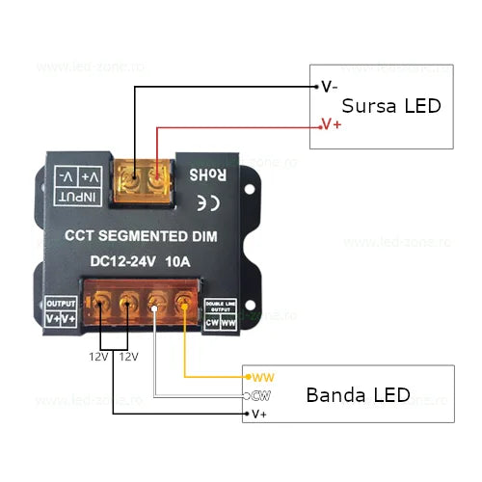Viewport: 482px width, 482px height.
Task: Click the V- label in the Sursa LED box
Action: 329,86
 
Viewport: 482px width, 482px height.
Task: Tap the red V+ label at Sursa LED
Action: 331,124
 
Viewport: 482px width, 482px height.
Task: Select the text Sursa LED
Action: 390,106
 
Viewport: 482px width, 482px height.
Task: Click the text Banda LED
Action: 357,395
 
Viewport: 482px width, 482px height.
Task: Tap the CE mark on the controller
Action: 206,202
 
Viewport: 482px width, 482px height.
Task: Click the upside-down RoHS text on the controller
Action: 206,176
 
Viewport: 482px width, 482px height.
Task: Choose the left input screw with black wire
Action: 129,179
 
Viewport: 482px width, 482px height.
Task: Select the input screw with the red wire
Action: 156,179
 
